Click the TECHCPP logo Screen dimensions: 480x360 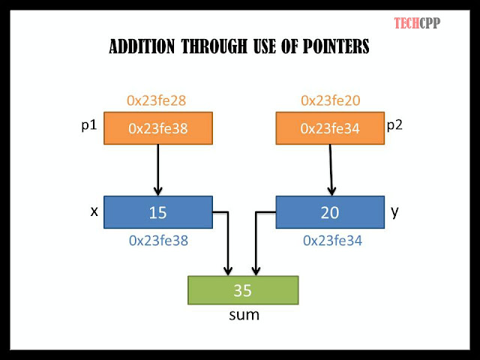click(417, 22)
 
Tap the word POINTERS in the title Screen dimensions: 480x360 click(333, 47)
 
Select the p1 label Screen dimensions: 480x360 click(89, 125)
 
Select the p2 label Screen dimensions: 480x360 click(394, 124)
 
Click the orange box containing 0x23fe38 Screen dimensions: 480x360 click(157, 128)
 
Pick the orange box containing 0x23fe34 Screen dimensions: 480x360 click(330, 128)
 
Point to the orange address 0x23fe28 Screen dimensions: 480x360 click(157, 100)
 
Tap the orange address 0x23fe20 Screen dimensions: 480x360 click(330, 100)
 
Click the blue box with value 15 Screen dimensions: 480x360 click(157, 212)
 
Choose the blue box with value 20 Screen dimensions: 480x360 click(330, 212)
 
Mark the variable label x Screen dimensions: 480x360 click(94, 211)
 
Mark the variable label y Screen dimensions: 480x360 click(394, 212)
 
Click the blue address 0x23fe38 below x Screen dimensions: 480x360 click(157, 241)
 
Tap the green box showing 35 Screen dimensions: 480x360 click(242, 289)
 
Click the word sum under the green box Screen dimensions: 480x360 click(244, 314)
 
